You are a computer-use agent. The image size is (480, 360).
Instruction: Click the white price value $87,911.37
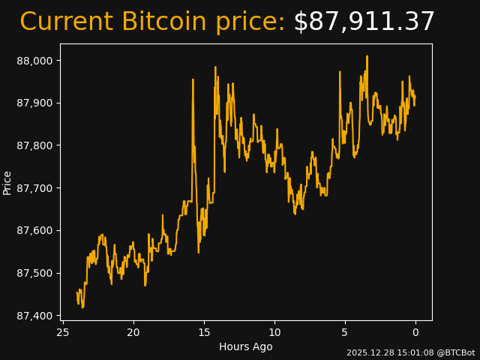(x=364, y=22)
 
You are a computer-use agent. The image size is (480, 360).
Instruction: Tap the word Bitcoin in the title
(x=163, y=22)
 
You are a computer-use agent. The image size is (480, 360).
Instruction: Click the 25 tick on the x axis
(x=63, y=333)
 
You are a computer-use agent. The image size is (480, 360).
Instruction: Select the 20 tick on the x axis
(x=133, y=333)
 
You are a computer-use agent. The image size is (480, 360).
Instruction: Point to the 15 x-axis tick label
(x=204, y=333)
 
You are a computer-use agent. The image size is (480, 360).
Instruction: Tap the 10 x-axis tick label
(x=274, y=333)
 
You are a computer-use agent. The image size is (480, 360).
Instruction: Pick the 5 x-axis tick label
(x=345, y=333)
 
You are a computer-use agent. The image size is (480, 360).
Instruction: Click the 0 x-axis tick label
(x=415, y=333)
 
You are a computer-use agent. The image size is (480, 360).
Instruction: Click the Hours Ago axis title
(x=245, y=346)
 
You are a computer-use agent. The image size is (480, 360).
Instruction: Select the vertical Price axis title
(x=7, y=182)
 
